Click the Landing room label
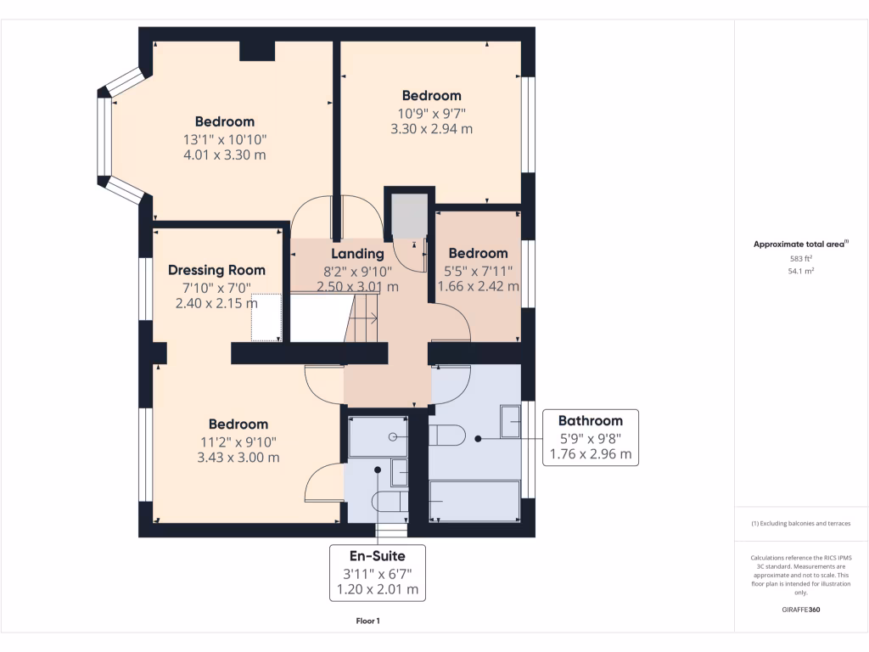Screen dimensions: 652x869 (356, 253)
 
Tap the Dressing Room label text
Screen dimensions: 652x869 (216, 270)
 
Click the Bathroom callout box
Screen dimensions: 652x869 (590, 437)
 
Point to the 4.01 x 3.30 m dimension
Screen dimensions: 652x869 (224, 155)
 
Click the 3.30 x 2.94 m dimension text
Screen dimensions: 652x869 (431, 129)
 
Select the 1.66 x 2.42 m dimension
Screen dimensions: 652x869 (478, 287)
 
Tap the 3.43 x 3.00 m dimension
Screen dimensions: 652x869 (238, 458)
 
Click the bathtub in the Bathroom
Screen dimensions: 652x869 (474, 500)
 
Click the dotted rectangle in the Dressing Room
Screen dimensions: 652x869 (267, 318)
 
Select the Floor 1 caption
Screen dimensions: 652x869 (367, 621)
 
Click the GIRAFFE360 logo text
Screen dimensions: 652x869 (801, 610)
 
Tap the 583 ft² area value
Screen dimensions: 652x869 (801, 258)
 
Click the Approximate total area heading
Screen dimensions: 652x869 (800, 244)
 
